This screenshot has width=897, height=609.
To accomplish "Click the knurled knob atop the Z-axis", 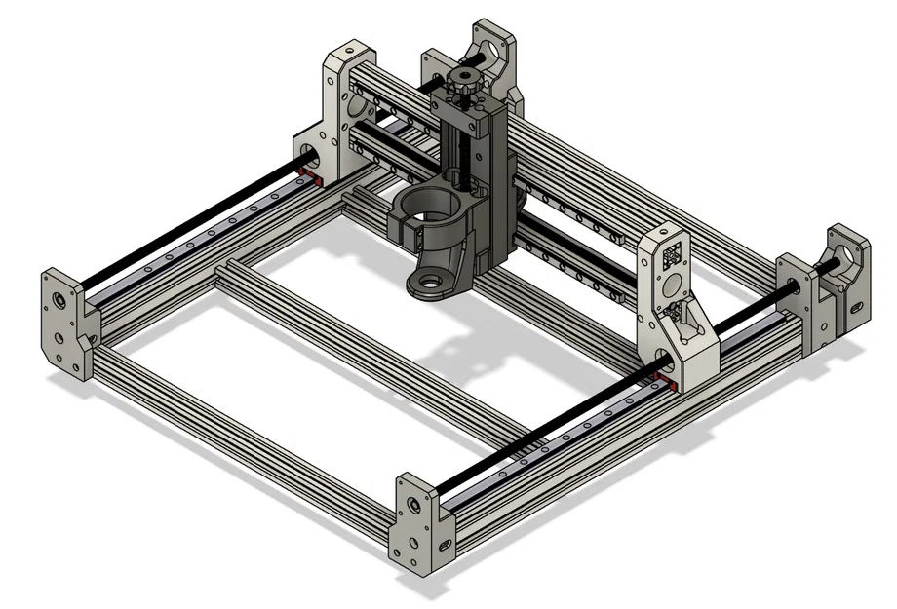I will point(464,86).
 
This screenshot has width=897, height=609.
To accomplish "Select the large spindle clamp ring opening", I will point(430,206).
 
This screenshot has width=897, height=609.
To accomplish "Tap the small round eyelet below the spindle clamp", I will point(428,284).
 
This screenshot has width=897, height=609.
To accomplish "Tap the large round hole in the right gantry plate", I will point(671,286).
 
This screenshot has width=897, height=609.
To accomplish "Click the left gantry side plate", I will point(336,117).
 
